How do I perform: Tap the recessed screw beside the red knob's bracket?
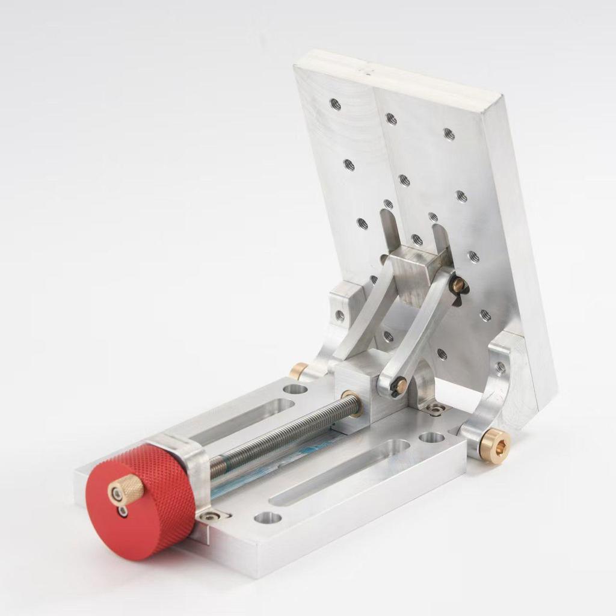(x=211, y=516)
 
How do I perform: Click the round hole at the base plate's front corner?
(x=268, y=517)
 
